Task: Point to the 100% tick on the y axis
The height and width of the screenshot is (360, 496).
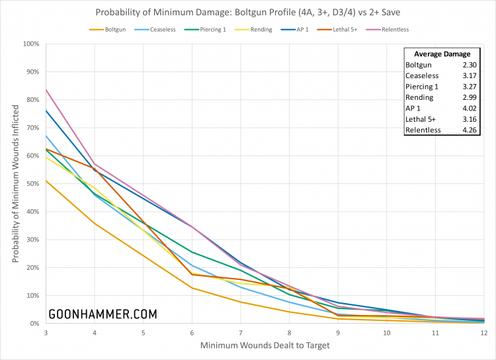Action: (x=32, y=44)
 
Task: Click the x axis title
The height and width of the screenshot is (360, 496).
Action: (x=265, y=344)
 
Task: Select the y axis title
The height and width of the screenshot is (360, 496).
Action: (x=15, y=183)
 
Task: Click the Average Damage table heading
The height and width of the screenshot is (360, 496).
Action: (x=441, y=54)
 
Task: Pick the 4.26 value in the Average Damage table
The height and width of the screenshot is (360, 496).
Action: (x=468, y=130)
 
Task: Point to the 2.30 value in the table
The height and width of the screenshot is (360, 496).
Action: (x=468, y=65)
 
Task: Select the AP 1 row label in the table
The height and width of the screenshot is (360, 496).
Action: (x=414, y=109)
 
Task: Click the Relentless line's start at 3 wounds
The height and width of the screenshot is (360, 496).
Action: (x=47, y=89)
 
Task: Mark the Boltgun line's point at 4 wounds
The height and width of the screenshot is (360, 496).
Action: (x=95, y=223)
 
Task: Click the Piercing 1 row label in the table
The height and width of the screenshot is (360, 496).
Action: (x=422, y=87)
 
